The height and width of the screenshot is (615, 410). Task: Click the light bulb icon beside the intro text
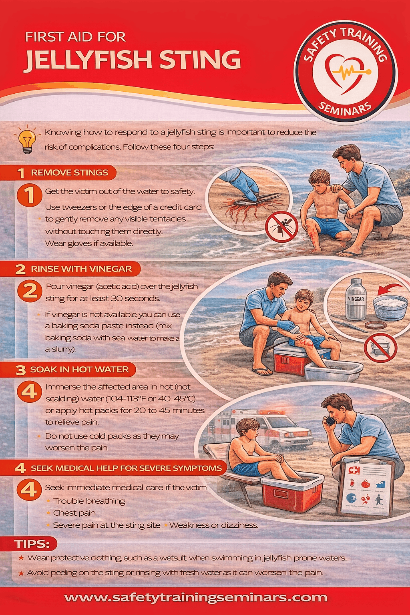pyautogui.click(x=27, y=140)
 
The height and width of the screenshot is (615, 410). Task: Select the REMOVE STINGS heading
pyautogui.click(x=69, y=173)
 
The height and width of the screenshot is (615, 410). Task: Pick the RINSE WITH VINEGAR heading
pyautogui.click(x=81, y=269)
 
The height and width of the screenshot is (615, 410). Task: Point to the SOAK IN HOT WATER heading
pyautogui.click(x=79, y=370)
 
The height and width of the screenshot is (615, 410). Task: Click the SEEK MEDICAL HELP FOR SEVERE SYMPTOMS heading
pyautogui.click(x=126, y=468)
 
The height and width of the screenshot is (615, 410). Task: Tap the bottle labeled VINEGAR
pyautogui.click(x=356, y=300)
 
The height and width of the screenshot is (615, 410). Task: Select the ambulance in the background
pyautogui.click(x=272, y=430)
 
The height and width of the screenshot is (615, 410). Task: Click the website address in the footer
pyautogui.click(x=196, y=598)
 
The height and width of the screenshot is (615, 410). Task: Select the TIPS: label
pyautogui.click(x=32, y=544)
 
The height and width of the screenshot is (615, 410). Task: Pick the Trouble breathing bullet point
pyautogui.click(x=89, y=501)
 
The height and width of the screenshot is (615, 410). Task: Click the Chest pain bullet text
pyautogui.click(x=74, y=513)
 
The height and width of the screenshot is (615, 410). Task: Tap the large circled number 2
pyautogui.click(x=30, y=291)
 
